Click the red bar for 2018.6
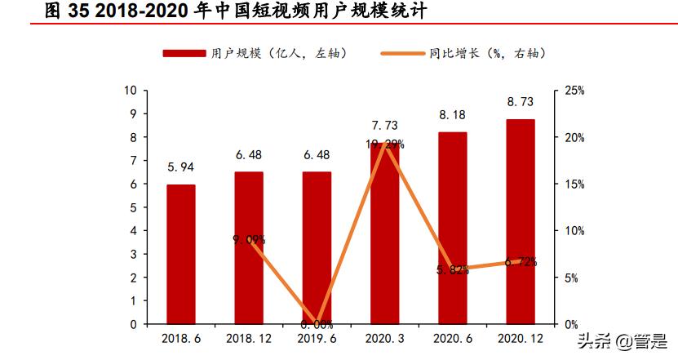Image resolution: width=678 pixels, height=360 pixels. pyautogui.click(x=181, y=254)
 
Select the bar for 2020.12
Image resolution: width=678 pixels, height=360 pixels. pyautogui.click(x=521, y=221)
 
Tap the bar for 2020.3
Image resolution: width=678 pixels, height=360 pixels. pyautogui.click(x=385, y=233)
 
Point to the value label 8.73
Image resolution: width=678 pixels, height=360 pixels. pyautogui.click(x=521, y=103)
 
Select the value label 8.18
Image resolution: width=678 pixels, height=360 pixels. pyautogui.click(x=453, y=116)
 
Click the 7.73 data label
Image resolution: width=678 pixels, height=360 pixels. pyautogui.click(x=385, y=126)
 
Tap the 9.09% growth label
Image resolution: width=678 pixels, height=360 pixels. pyautogui.click(x=249, y=239)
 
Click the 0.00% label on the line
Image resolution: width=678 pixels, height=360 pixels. pyautogui.click(x=317, y=324)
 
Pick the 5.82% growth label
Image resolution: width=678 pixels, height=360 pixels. pyautogui.click(x=453, y=270)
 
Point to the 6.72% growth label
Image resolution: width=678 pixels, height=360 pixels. pyautogui.click(x=521, y=262)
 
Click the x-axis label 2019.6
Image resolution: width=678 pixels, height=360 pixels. pyautogui.click(x=317, y=337)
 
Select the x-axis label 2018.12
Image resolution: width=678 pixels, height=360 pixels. pyautogui.click(x=249, y=337)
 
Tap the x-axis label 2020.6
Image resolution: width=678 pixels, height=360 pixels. pyautogui.click(x=453, y=337)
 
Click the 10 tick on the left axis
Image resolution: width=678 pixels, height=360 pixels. pyautogui.click(x=130, y=90)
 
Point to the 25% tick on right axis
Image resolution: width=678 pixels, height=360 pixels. pyautogui.click(x=574, y=91)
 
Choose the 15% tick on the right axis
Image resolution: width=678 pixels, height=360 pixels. pyautogui.click(x=574, y=184)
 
